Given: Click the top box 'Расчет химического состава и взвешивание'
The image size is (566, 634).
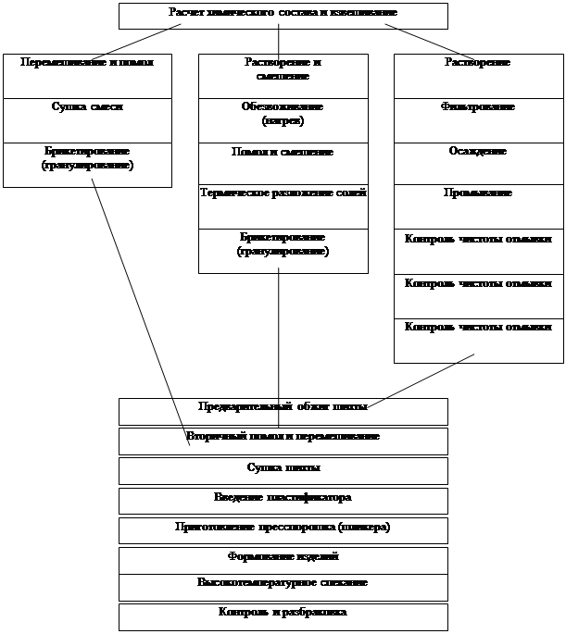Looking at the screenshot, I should pos(283,16).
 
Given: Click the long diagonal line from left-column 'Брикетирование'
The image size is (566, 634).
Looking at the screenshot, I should pos(139,305).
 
